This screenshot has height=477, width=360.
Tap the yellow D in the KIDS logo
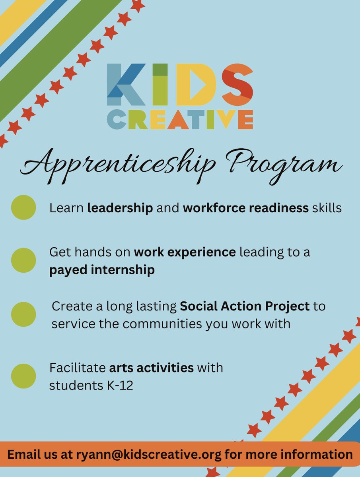197,81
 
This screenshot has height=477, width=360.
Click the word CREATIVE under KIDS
180,120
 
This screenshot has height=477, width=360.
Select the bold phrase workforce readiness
245,208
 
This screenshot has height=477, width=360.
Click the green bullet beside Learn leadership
23,207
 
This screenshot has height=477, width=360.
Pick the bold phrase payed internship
102,270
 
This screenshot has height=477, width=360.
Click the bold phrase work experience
185,252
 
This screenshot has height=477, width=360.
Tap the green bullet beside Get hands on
23,260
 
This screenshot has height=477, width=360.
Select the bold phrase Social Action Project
245,306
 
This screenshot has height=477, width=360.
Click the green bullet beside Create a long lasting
23,314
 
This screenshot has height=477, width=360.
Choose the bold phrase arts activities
151,368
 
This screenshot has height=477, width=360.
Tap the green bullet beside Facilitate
23,376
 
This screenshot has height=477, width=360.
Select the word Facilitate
77,368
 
